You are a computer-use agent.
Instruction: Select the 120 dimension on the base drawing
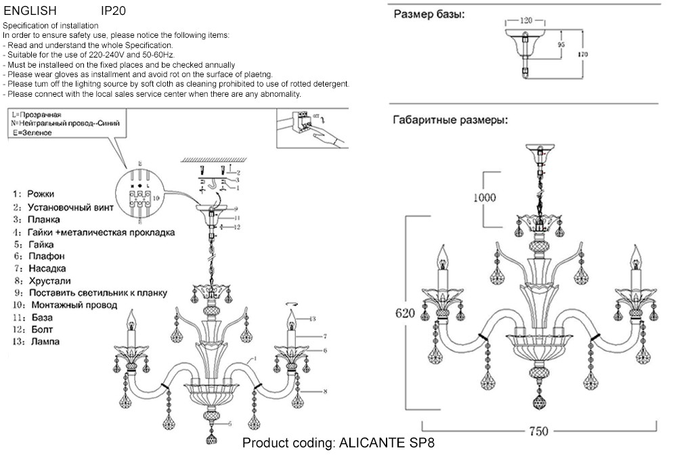point(526,20)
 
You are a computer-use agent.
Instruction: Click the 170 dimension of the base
point(583,54)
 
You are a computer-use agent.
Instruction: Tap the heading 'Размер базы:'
point(430,15)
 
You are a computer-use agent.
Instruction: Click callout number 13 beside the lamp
point(312,319)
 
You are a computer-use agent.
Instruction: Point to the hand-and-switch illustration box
point(311,129)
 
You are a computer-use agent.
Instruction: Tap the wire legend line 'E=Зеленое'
point(32,133)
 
